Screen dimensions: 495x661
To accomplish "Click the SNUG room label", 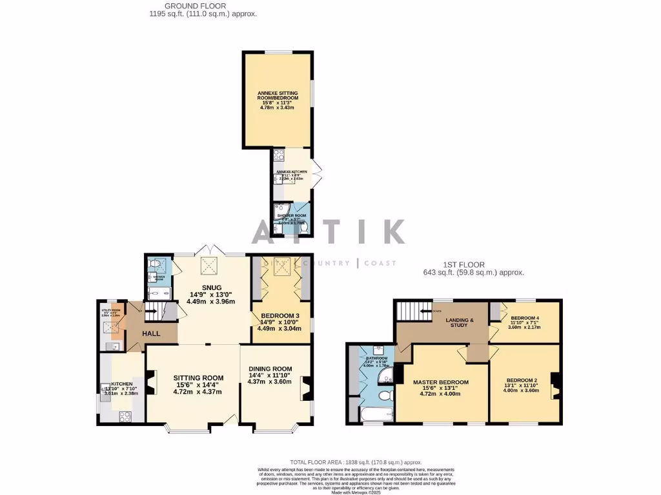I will (211, 287).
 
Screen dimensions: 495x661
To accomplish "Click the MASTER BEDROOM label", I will (441, 382).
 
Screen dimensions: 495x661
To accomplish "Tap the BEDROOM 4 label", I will (524, 318).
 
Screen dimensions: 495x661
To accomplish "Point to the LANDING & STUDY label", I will (462, 322).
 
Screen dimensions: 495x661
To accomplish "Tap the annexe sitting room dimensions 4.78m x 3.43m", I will (277, 108).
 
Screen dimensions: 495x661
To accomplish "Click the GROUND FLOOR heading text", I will (186, 6).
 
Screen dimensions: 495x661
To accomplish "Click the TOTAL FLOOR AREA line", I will (356, 462).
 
